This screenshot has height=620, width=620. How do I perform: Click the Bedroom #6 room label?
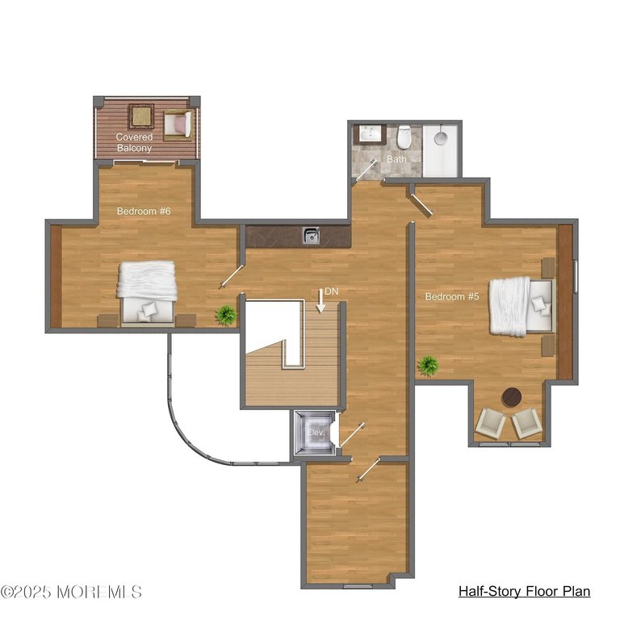(144, 212)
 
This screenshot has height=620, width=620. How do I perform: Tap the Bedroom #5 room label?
(452, 296)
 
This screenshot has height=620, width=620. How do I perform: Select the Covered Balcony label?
(134, 143)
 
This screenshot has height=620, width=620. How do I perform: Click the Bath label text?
(396, 159)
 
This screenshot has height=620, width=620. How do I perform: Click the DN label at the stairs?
(330, 291)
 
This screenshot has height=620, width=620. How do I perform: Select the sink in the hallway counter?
(311, 236)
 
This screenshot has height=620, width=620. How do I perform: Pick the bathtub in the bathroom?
(441, 149)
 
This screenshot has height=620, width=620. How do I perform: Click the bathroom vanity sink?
(371, 134)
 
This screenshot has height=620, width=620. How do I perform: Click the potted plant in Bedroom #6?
(225, 315)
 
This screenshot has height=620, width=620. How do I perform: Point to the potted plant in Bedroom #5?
(428, 366)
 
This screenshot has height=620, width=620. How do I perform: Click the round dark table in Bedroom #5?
(511, 397)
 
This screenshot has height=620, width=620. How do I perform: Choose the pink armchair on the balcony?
(178, 124)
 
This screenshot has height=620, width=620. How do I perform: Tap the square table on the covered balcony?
(141, 117)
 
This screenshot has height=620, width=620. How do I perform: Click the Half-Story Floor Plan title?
(524, 592)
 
